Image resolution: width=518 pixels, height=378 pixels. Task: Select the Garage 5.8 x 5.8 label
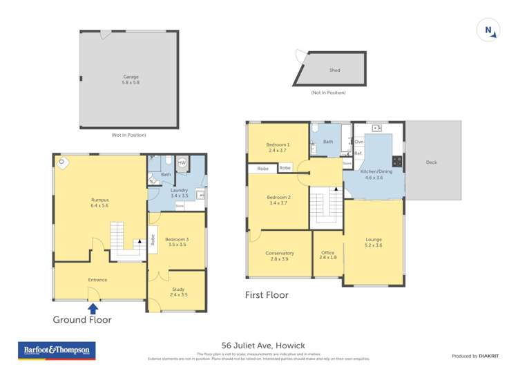pos(131,79)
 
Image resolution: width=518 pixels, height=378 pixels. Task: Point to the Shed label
pos(334,70)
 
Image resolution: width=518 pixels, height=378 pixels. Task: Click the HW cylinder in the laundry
pos(182,163)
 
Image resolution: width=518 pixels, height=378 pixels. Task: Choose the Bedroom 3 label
pos(178,241)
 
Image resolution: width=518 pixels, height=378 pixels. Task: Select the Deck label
pos(431,162)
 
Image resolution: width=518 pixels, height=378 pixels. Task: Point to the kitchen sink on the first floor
pos(376,129)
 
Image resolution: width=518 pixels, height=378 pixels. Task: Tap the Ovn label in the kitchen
pos(359,142)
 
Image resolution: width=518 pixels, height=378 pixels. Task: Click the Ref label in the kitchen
pos(358,153)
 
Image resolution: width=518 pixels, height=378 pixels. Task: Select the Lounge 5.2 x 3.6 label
pos(373,243)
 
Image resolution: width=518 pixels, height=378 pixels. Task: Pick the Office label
pos(327,254)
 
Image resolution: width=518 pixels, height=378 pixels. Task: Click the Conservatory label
pos(279,256)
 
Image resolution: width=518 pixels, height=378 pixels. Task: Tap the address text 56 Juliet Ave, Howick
pos(263,345)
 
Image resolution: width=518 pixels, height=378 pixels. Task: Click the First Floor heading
pos(267,295)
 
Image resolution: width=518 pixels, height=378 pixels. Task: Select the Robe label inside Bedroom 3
pos(153,240)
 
